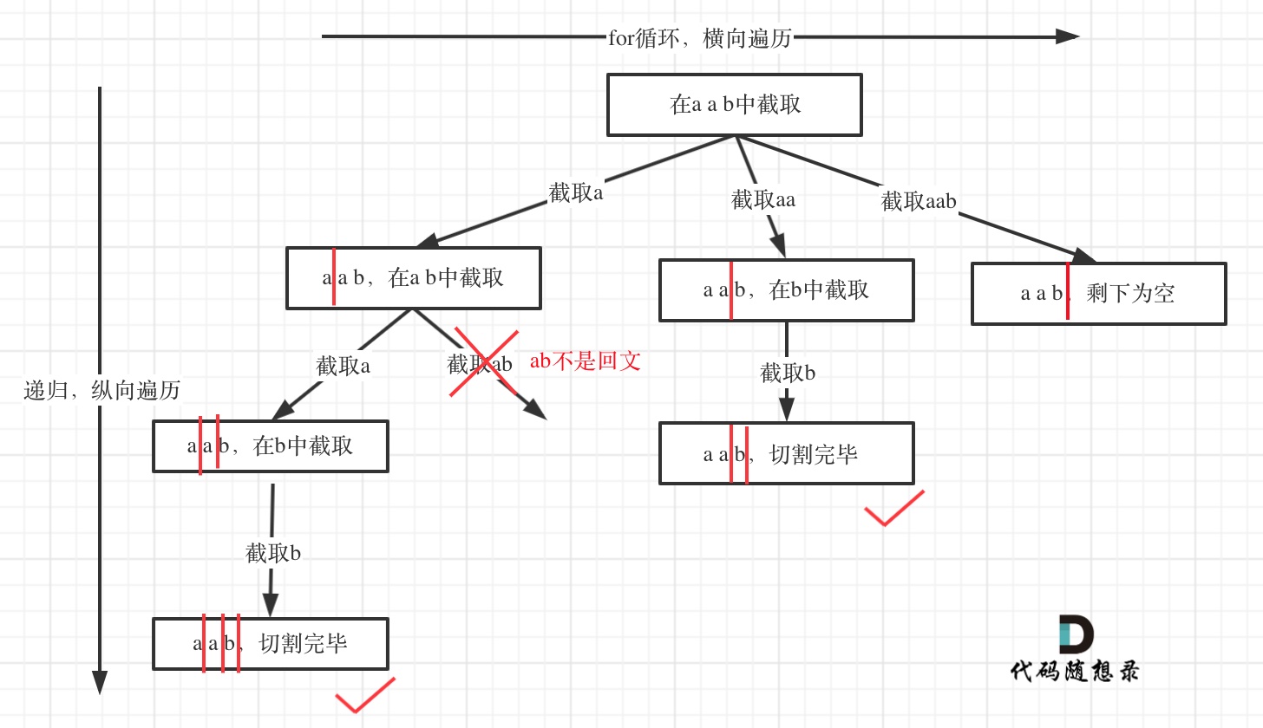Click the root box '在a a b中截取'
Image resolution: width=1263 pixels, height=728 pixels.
734,105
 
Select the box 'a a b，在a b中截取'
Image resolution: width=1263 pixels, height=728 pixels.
414,278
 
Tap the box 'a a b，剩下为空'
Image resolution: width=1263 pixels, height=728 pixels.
1098,294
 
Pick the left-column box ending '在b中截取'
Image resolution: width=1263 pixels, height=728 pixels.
271,446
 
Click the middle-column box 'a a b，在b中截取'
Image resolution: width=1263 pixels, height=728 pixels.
786,290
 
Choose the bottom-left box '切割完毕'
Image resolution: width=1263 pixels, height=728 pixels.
271,644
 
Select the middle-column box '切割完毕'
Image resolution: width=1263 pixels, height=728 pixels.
786,453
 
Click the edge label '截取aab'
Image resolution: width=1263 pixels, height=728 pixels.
919,202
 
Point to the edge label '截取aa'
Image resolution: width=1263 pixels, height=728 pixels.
762,200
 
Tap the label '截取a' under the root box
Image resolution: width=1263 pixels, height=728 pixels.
575,193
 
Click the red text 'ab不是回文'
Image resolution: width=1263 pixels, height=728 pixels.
585,361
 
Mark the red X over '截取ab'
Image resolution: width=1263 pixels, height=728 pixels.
483,363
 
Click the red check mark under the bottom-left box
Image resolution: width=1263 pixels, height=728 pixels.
364,695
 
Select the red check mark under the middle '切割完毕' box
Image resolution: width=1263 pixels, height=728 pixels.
893,509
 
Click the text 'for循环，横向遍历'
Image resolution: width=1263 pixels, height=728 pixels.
699,38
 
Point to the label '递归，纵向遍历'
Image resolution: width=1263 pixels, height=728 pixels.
101,391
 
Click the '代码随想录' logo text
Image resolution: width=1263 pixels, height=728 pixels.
1075,671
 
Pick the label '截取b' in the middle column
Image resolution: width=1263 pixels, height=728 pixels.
788,374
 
